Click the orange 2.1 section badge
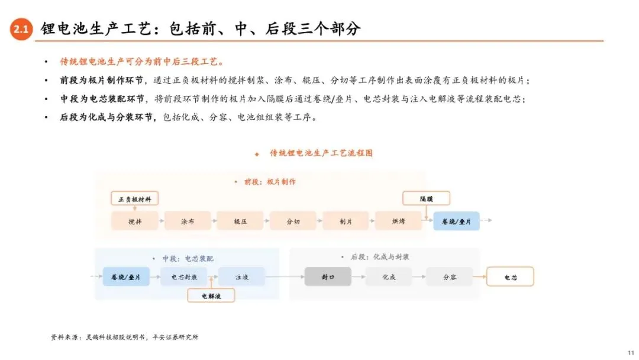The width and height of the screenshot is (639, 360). pos(21,29)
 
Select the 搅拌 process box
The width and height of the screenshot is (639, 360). pos(135,221)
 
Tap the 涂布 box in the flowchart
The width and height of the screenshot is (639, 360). pos(188,221)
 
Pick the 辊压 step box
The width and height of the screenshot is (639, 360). pos(240,221)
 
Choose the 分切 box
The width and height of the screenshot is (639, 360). pos(293,221)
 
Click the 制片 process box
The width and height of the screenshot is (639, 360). pos(346,221)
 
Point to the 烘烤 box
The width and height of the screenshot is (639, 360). pos(398,221)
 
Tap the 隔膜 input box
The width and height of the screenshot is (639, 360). pos(426,198)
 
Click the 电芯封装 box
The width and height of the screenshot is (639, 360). pos(184,277)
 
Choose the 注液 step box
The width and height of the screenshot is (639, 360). pos(241,277)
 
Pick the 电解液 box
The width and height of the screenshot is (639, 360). pos(211,295)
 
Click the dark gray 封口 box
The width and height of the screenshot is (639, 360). pos(328,277)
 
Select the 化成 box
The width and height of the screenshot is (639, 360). pos(388,277)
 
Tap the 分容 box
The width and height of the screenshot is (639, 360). pos(450,277)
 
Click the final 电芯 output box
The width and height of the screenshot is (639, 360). pos(510,277)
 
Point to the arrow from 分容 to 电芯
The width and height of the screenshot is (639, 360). pos(480,277)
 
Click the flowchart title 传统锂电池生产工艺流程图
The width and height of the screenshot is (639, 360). pos(321,153)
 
